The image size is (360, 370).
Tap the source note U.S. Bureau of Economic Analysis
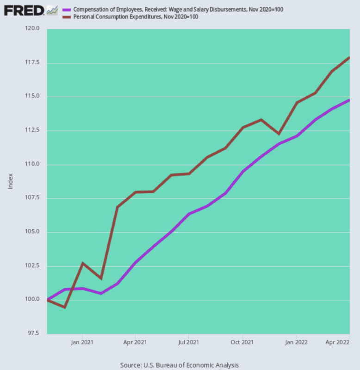click(x=180, y=365)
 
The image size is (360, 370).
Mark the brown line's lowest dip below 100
click(x=64, y=307)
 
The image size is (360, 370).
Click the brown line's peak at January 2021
click(x=83, y=263)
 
